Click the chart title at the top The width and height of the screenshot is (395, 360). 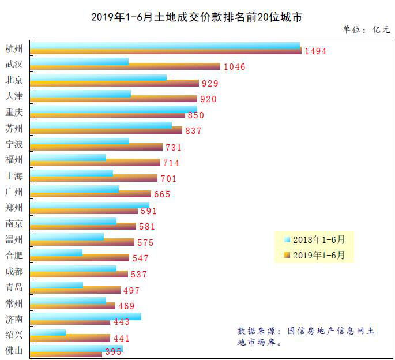click(x=197, y=17)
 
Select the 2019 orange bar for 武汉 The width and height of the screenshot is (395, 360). click(x=125, y=67)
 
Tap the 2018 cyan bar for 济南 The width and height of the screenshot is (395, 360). click(x=85, y=316)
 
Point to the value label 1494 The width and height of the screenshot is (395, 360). click(x=315, y=51)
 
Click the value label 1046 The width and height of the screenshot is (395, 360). click(x=234, y=67)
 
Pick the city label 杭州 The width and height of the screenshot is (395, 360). click(x=14, y=48)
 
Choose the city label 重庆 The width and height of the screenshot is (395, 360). click(x=14, y=112)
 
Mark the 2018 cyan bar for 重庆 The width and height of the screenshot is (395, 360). click(x=114, y=108)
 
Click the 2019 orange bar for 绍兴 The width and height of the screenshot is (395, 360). click(x=70, y=338)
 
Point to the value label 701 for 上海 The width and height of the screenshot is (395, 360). click(x=168, y=179)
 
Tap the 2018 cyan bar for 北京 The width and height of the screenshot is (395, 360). click(x=98, y=77)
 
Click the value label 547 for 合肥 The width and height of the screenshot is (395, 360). click(x=140, y=258)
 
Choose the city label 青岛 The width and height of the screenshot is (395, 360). click(x=14, y=287)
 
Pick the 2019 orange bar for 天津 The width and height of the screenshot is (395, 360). click(x=114, y=99)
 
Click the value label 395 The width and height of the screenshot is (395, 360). click(x=113, y=352)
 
